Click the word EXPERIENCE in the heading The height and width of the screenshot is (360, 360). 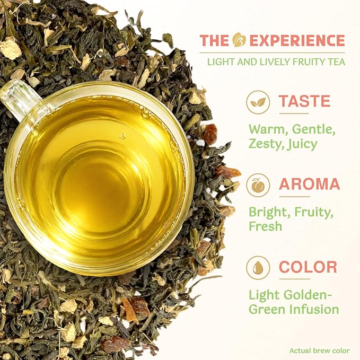click(x=297, y=40)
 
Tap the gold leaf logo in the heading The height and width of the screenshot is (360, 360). click(x=239, y=40)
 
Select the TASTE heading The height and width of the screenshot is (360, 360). click(x=305, y=101)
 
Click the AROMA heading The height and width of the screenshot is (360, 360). click(x=310, y=184)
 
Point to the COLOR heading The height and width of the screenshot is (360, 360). click(x=308, y=267)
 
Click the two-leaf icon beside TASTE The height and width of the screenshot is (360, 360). click(x=258, y=102)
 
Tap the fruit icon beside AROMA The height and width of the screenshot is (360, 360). click(x=258, y=185)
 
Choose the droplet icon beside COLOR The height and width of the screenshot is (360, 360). click(x=258, y=268)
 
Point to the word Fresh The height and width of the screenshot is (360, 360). click(x=266, y=226)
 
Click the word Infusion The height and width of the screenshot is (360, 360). click(x=314, y=309)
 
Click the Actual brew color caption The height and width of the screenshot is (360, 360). click(x=319, y=350)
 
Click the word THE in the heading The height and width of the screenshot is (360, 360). click(x=214, y=40)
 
